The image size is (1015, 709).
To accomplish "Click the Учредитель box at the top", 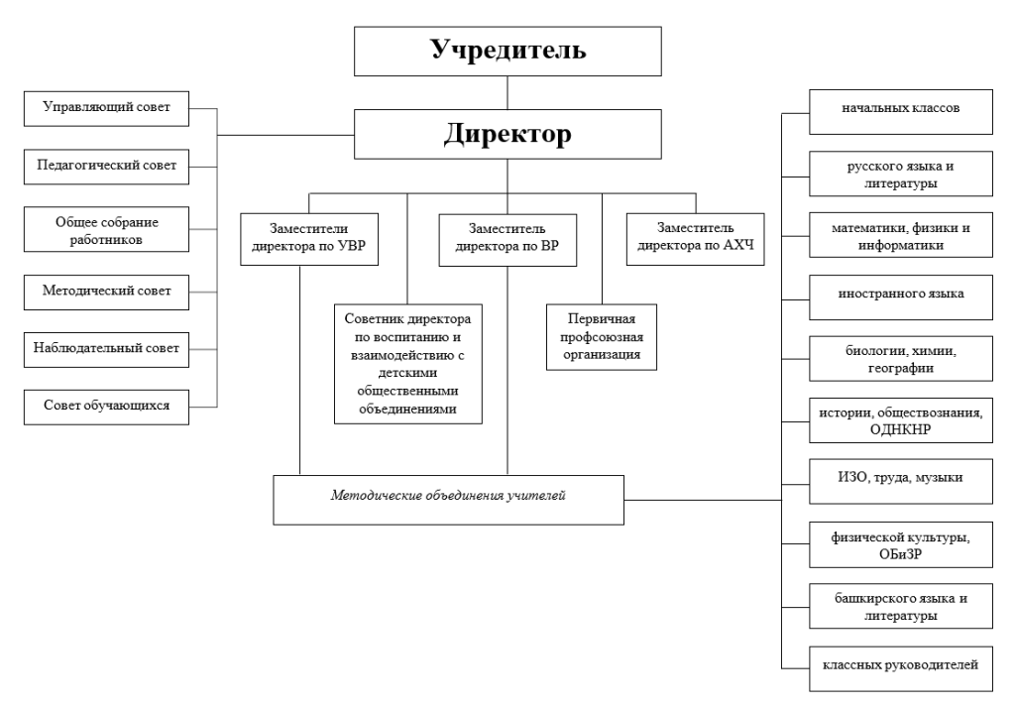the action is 507,52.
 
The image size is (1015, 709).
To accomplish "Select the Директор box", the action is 507,134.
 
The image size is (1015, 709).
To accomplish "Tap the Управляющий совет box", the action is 106,109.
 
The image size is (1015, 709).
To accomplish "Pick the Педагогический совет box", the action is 106,167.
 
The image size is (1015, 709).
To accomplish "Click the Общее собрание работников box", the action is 106,229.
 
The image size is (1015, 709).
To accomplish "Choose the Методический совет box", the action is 106,292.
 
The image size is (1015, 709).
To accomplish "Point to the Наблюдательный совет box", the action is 106,350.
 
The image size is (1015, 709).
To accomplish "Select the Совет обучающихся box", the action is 106,408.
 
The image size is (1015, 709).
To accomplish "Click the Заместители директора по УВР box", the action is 309,239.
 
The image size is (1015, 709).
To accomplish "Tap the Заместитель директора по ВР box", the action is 507,240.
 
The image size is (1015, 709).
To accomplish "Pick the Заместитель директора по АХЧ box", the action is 695,239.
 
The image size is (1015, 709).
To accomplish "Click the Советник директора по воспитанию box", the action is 407,364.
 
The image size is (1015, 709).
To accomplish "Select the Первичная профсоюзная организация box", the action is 602,337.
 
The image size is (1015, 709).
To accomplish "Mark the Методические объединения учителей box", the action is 448,500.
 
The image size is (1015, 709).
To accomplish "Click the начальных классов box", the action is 900,112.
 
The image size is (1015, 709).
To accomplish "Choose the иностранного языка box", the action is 900,297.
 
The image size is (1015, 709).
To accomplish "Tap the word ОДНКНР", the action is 900,429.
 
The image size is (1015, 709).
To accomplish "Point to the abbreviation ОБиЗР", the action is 900,554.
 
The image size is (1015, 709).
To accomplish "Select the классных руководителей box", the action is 900,669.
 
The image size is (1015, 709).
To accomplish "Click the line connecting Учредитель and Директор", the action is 507,92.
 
